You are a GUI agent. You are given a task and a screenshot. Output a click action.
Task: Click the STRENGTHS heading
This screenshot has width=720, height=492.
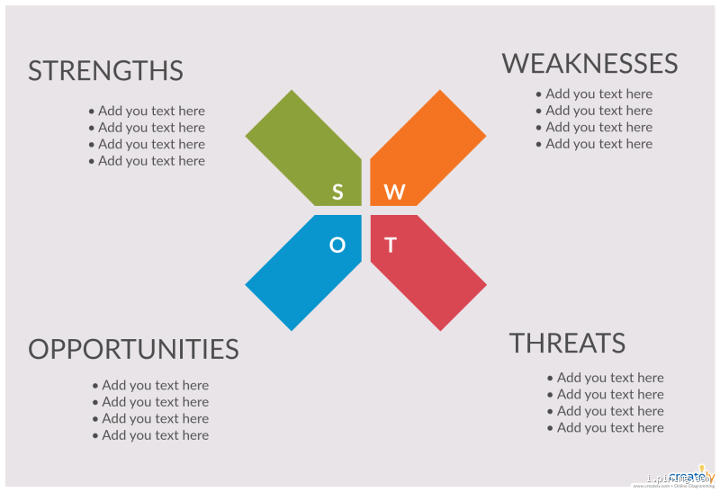[x=105, y=71]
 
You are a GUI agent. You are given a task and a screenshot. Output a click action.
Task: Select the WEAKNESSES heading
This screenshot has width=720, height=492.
[x=589, y=64]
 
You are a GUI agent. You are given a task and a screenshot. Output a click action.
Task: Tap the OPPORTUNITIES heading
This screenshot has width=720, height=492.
[x=133, y=349]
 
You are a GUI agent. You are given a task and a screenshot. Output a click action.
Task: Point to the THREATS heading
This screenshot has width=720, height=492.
[x=567, y=343]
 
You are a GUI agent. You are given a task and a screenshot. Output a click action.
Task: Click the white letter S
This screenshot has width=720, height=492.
[x=337, y=192]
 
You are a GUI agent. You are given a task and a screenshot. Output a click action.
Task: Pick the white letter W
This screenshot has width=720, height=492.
[x=394, y=192]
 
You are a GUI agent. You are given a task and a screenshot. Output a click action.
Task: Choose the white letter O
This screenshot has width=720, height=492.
[x=337, y=245]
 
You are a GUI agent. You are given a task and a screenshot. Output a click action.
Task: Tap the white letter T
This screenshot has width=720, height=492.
[x=391, y=245]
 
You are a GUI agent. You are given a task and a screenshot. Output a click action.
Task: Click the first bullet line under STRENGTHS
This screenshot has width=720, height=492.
[x=147, y=111]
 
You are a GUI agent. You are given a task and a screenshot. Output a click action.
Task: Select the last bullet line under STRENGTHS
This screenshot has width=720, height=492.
[x=147, y=161]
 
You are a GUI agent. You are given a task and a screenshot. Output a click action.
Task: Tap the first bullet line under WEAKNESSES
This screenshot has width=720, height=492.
[x=594, y=94]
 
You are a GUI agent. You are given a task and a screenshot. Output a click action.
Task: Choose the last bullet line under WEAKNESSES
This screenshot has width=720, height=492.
[x=594, y=144]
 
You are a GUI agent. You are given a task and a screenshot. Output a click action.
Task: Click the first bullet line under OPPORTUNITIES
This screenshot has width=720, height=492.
[x=150, y=385]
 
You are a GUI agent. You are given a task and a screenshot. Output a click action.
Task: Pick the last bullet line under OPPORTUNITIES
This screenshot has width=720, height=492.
[x=150, y=435]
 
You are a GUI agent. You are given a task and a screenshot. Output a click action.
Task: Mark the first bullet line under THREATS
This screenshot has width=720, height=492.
[x=606, y=378]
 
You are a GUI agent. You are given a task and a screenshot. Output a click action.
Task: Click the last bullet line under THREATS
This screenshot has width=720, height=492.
[x=606, y=427]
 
